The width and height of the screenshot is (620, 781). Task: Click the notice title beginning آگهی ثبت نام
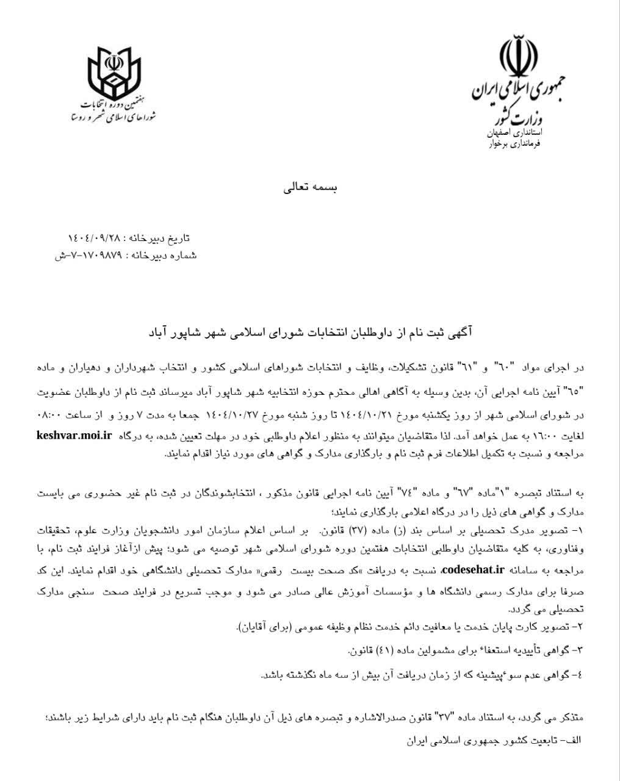click(311, 333)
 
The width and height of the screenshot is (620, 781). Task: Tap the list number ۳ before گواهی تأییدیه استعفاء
click(580, 650)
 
